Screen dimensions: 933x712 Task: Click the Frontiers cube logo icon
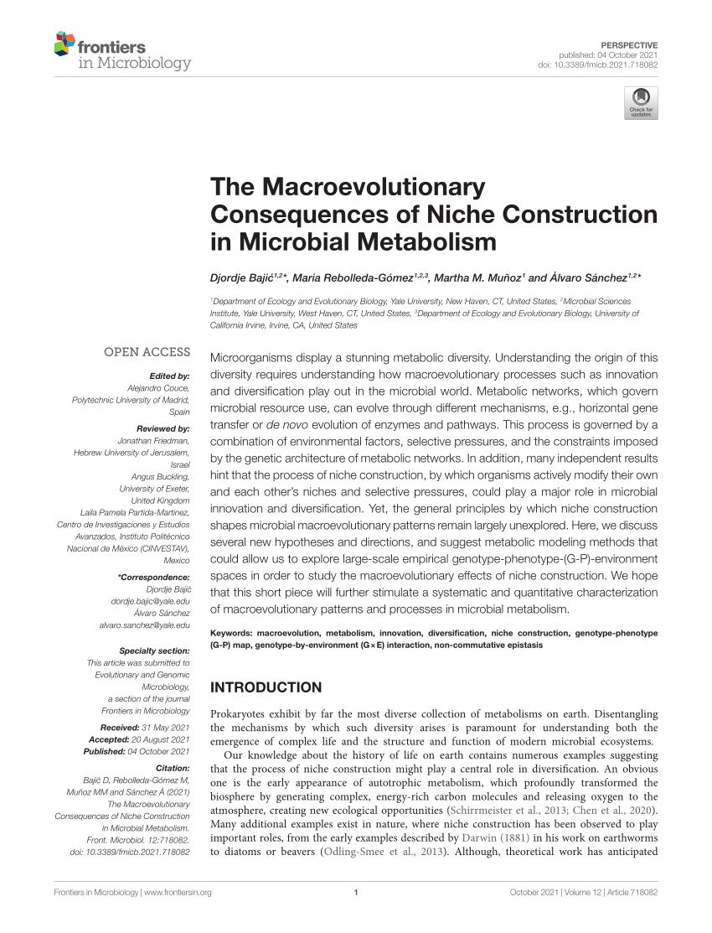[x=64, y=44]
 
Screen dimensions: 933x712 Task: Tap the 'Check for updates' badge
[x=641, y=102]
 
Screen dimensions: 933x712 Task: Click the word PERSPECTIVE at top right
[x=630, y=44]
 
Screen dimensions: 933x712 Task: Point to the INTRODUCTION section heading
[x=266, y=687]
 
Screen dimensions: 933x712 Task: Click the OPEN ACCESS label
[x=147, y=352]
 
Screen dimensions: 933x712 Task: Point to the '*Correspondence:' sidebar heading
[x=154, y=578]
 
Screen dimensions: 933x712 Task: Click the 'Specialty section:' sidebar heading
[x=154, y=651]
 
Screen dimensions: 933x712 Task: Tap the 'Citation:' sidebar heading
[x=173, y=768]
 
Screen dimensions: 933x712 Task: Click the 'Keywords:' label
[x=232, y=633]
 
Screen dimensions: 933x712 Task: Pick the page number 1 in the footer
[x=356, y=915]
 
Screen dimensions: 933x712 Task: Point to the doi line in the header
[x=597, y=65]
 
